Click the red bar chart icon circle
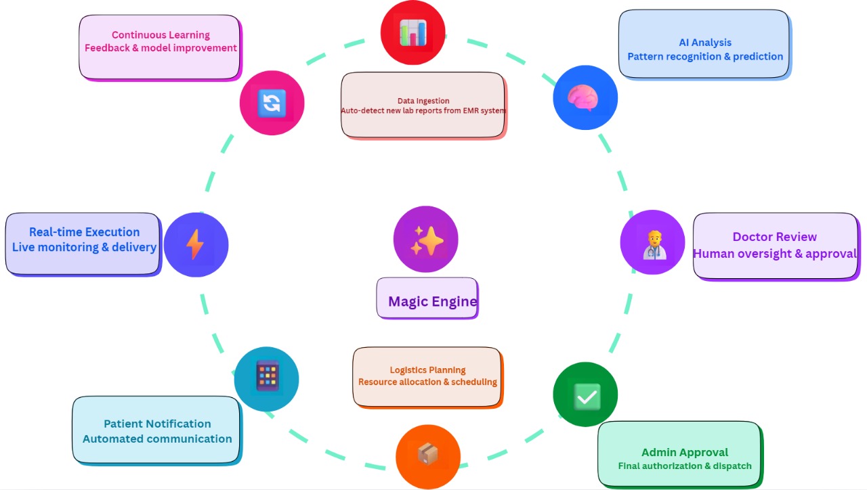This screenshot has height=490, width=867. click(413, 32)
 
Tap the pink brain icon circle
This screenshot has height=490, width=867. click(585, 97)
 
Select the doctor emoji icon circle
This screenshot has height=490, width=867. click(652, 242)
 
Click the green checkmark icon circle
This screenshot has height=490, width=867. click(585, 395)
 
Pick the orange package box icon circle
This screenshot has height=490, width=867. click(428, 456)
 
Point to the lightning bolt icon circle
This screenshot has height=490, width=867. click(196, 244)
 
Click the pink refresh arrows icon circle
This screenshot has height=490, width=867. click(272, 103)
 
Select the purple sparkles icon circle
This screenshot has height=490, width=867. click(426, 239)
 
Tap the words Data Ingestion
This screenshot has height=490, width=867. click(423, 101)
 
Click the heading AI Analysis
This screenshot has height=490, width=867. click(705, 43)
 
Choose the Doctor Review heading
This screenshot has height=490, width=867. click(774, 237)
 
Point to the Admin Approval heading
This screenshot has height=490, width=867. click(685, 452)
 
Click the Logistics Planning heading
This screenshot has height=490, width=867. click(427, 370)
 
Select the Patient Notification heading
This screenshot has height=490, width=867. click(157, 424)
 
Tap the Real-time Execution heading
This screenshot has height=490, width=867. click(84, 232)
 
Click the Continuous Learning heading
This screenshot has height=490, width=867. click(161, 35)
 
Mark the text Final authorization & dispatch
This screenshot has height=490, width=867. click(685, 466)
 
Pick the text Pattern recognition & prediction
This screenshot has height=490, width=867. click(705, 57)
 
